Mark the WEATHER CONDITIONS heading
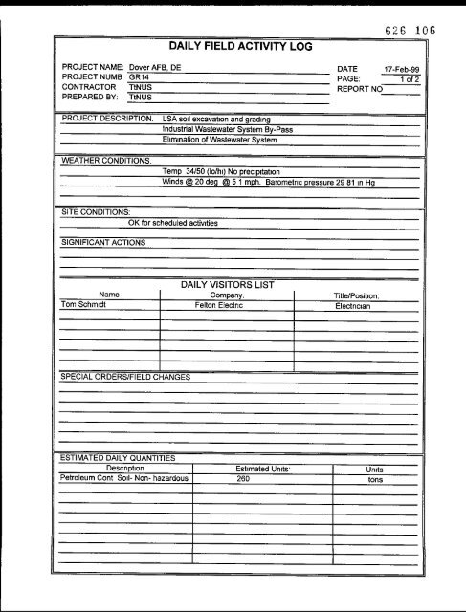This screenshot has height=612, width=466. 104,160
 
